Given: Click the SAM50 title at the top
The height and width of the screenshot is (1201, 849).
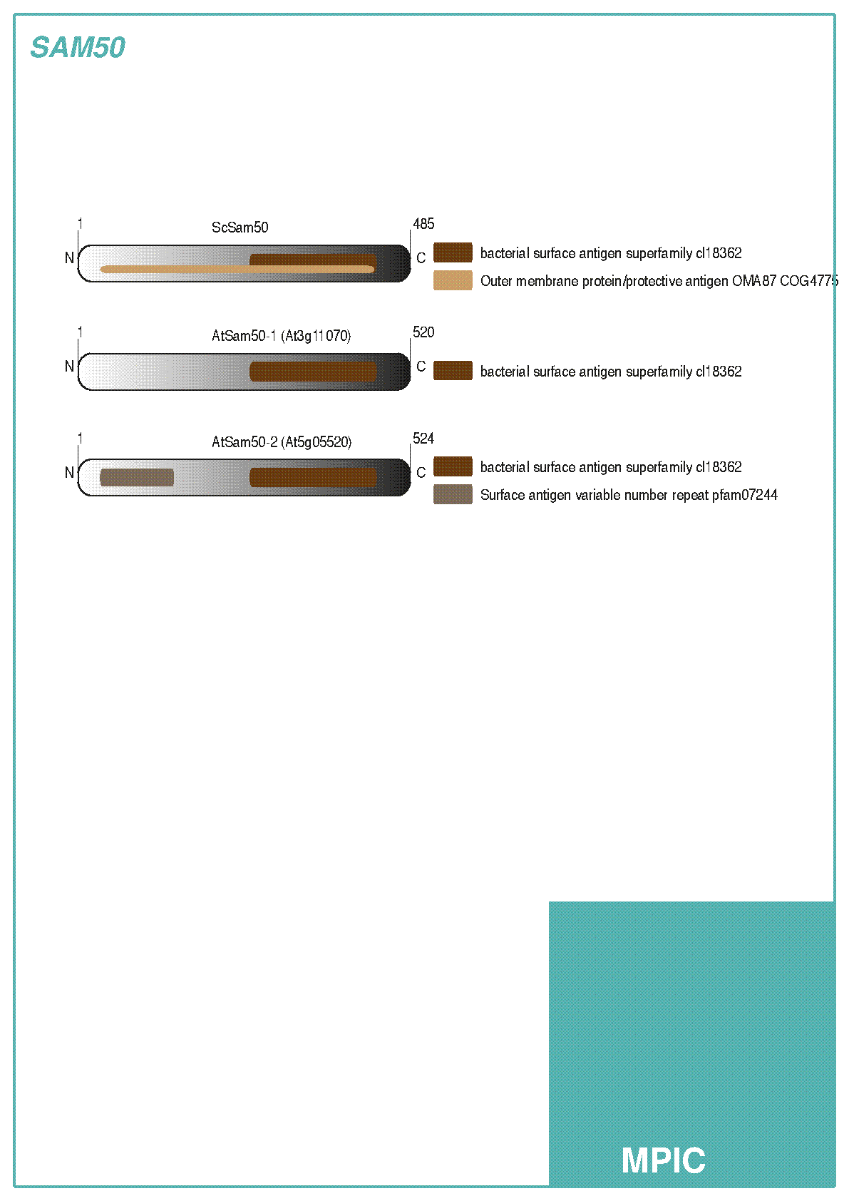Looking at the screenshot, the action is coord(78,47).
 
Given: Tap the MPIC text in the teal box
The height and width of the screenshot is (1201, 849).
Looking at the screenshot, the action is coord(663,1160).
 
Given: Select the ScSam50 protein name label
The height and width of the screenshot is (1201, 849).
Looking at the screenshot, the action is coord(240,228).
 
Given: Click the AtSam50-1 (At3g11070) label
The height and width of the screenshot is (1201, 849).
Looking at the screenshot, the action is coord(282,336).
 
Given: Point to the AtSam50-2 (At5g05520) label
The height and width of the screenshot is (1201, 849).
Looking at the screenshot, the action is coord(282,441).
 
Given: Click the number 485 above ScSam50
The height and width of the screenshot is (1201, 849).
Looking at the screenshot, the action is coord(423,223).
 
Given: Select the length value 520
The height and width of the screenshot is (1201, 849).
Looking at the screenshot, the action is coord(423,332).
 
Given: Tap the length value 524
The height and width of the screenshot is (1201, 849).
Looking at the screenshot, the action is coord(423,438).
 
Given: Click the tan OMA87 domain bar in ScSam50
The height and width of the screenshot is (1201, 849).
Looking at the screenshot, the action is coord(237,269).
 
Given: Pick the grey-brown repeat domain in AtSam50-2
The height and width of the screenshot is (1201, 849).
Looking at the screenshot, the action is coord(137,477).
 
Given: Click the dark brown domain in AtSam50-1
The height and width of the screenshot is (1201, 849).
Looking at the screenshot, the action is coord(313,372).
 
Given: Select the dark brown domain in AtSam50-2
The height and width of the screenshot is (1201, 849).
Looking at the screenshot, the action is coord(313,477).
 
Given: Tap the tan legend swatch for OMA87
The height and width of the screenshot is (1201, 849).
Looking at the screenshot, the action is coord(453,280).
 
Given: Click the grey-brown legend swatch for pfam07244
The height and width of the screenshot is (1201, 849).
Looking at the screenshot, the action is coord(453,494).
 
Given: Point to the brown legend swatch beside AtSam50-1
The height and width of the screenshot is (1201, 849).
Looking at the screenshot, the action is coord(453,370).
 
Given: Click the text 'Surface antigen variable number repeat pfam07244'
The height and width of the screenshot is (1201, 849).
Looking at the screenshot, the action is coord(629,495).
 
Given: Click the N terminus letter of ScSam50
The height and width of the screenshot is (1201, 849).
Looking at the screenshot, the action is coord(69,258).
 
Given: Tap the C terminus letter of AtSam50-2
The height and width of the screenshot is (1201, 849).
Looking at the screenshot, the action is coord(421,472).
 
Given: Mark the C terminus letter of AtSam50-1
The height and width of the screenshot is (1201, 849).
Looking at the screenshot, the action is coord(421,366).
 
